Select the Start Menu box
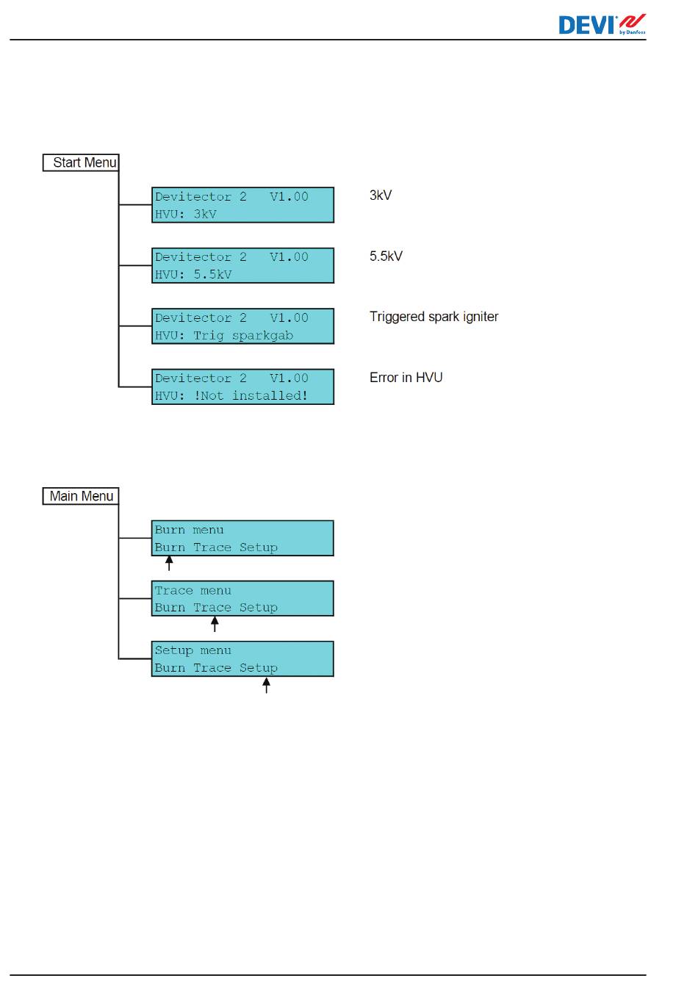click(x=81, y=162)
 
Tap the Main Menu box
click(x=81, y=496)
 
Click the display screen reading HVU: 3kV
click(x=242, y=205)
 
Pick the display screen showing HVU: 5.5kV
click(x=242, y=265)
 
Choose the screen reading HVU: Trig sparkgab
click(x=242, y=326)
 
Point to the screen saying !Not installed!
click(x=242, y=387)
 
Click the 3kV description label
click(x=381, y=195)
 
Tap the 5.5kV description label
click(x=386, y=256)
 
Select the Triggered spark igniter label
click(x=433, y=317)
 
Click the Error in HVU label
click(x=406, y=378)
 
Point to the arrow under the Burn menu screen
click(x=169, y=564)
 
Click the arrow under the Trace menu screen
click(x=215, y=624)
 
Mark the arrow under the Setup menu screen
click(x=266, y=686)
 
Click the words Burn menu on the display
click(x=189, y=530)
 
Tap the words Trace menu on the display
click(x=193, y=591)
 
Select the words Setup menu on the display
click(x=193, y=651)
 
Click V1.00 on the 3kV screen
click(x=289, y=197)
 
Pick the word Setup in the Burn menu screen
click(x=259, y=547)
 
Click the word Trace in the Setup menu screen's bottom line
click(x=212, y=668)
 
